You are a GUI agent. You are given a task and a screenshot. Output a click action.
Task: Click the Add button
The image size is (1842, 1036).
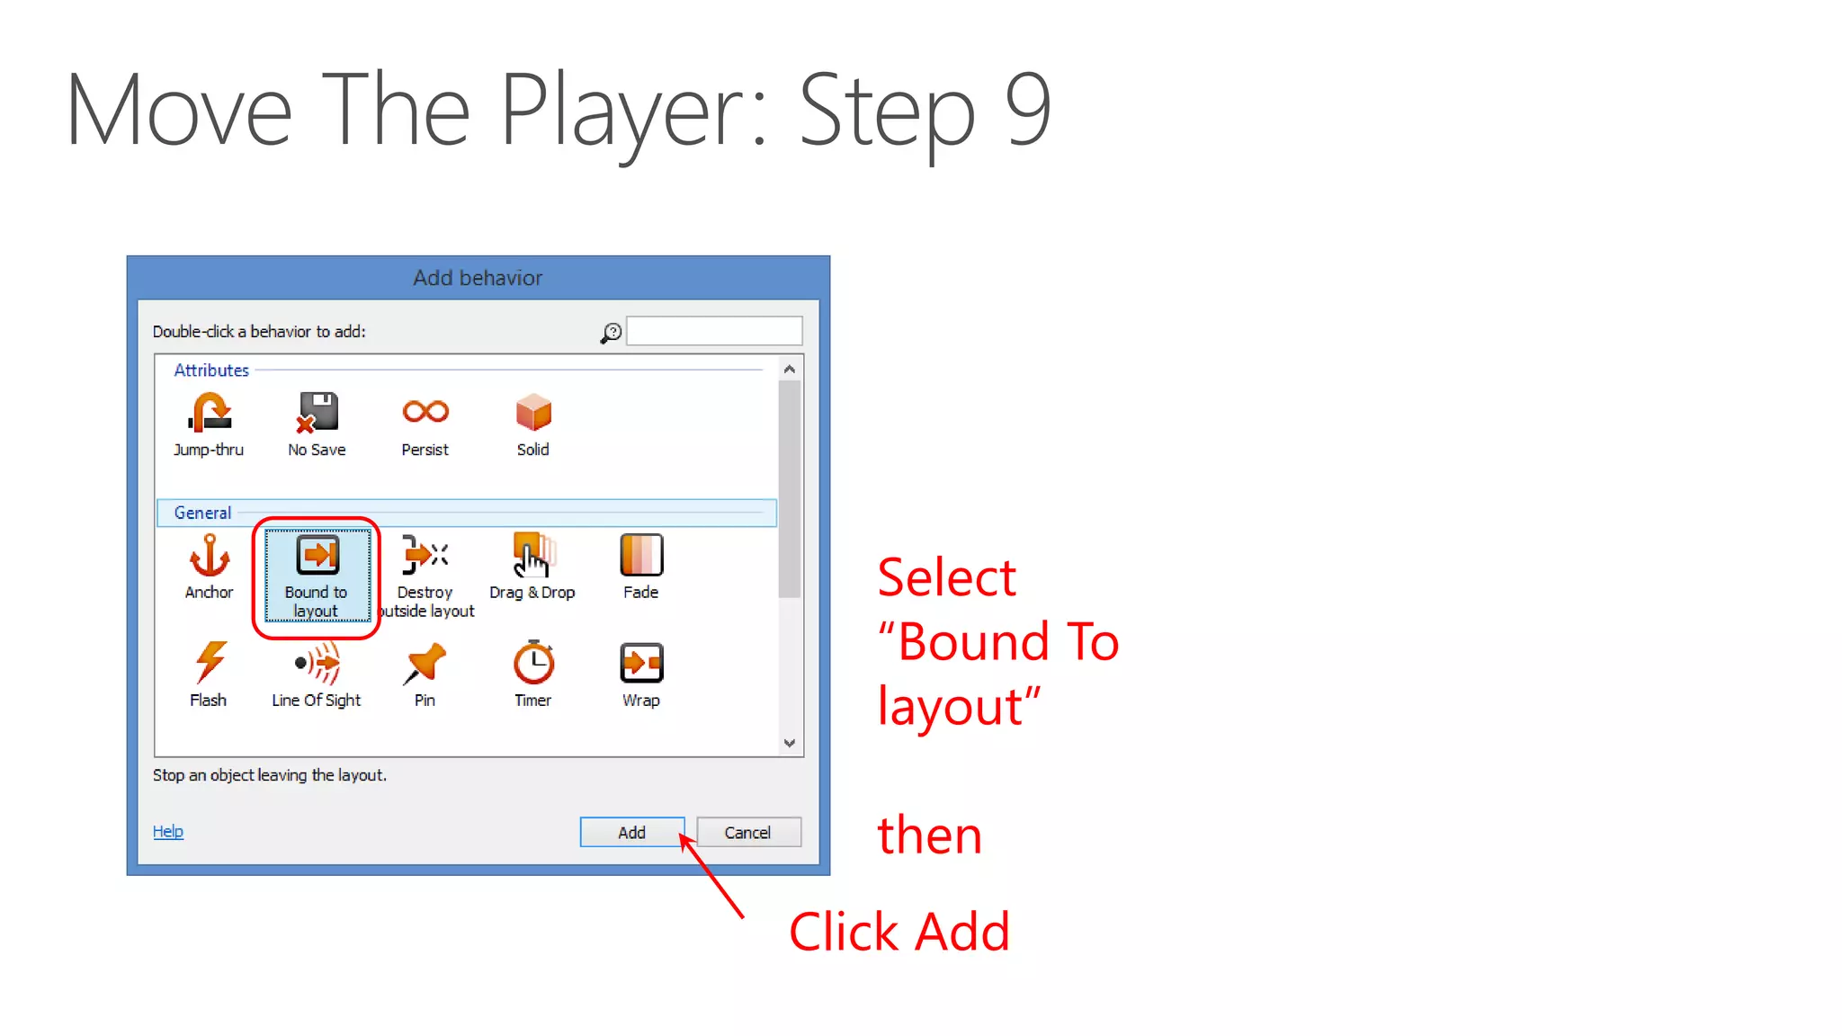coord(631,832)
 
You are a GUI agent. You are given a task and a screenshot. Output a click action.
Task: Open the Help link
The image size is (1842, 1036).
coord(167,831)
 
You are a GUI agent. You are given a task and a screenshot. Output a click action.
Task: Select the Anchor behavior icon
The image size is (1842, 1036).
coord(209,555)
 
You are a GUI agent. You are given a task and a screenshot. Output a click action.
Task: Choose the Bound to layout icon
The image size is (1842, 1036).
coord(317,555)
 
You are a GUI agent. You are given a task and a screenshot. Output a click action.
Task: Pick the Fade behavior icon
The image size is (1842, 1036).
coord(640,555)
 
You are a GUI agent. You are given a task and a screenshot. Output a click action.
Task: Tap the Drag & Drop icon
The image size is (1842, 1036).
coord(532,555)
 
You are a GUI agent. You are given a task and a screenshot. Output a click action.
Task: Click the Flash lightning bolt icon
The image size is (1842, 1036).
coord(209,663)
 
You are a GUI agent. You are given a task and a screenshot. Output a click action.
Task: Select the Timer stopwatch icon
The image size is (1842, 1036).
coord(532,663)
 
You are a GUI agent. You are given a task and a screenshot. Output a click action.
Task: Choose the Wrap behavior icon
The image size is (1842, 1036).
coord(640,663)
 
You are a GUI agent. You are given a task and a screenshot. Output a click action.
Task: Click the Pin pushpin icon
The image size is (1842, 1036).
coord(425,663)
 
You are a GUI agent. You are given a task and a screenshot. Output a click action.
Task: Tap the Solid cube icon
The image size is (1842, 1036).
coord(532,413)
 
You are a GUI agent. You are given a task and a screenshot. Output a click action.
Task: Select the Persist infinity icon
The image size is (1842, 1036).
coord(425,412)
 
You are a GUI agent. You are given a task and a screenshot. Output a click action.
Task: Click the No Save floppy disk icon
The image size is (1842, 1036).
coord(317,412)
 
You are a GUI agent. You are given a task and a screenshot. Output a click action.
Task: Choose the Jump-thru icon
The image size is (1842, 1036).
coord(209,413)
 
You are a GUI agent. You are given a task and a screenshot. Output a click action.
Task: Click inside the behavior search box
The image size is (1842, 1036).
coord(713,331)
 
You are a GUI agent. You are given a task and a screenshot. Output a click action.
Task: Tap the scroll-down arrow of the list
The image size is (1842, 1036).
coord(789,743)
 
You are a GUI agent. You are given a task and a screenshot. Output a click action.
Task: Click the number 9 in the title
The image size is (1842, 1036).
coord(1027,110)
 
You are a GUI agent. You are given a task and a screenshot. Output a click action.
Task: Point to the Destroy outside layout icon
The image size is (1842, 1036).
coord(425,555)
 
